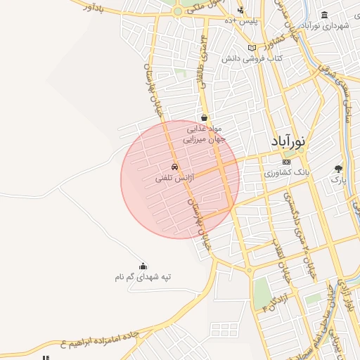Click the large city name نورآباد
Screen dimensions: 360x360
291,141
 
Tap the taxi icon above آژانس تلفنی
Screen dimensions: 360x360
174,167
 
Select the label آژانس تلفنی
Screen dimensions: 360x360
172,179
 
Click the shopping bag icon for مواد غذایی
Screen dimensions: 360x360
204,118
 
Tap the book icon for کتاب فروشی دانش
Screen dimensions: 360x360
252,48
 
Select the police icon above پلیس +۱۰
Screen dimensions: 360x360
241,10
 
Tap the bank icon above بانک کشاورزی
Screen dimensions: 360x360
286,162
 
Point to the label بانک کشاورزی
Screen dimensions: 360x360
286,172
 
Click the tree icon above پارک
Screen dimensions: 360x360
339,169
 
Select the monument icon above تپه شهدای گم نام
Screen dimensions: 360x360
143,266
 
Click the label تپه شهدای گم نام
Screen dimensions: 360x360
143,277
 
